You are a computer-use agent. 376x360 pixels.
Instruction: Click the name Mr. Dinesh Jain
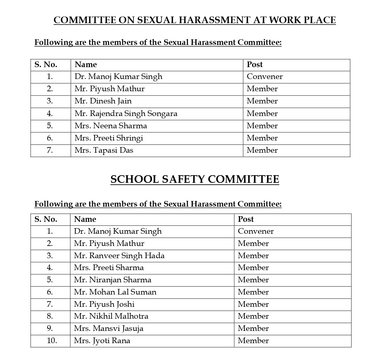point(103,101)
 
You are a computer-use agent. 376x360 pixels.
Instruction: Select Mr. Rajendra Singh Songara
point(126,114)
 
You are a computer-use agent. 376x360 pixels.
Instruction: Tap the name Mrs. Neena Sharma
point(111,126)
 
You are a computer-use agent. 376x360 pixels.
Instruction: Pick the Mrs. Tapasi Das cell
point(104,150)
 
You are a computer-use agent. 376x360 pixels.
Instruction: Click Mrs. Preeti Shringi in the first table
point(109,138)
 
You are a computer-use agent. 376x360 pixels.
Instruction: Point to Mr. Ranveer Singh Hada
point(119,256)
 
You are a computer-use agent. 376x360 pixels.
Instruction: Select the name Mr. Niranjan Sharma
point(112,280)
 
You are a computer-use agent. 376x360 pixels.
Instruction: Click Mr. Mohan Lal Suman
point(115,292)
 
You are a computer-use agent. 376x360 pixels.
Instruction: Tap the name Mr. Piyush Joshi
point(104,304)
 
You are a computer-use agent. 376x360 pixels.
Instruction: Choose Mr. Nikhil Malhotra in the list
point(111,316)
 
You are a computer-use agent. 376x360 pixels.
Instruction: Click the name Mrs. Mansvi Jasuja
point(108,329)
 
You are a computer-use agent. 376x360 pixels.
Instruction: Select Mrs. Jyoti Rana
point(102,341)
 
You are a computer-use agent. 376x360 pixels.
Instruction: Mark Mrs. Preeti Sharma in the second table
point(109,268)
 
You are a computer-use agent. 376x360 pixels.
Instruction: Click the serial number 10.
point(52,341)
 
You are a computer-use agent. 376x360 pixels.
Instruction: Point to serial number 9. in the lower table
point(50,329)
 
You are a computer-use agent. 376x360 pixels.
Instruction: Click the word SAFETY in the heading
point(183,179)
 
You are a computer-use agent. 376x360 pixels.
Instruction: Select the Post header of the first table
point(255,65)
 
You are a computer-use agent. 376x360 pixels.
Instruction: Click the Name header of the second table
point(85,220)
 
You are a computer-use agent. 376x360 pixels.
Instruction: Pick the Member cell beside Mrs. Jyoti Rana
point(253,341)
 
